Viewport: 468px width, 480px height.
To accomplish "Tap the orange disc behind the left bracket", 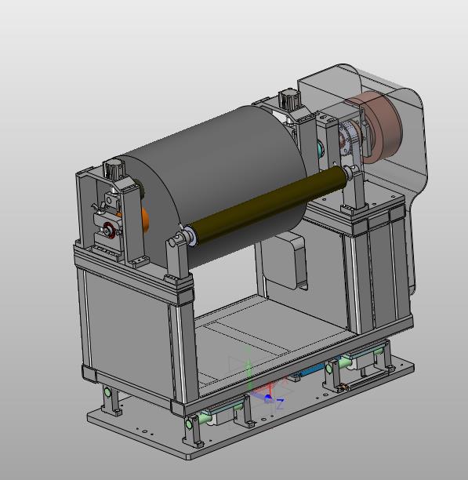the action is pyautogui.click(x=143, y=220).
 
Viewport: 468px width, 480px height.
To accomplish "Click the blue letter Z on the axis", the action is pyautogui.click(x=280, y=404).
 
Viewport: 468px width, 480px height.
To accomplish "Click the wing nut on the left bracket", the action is pyautogui.click(x=98, y=208).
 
